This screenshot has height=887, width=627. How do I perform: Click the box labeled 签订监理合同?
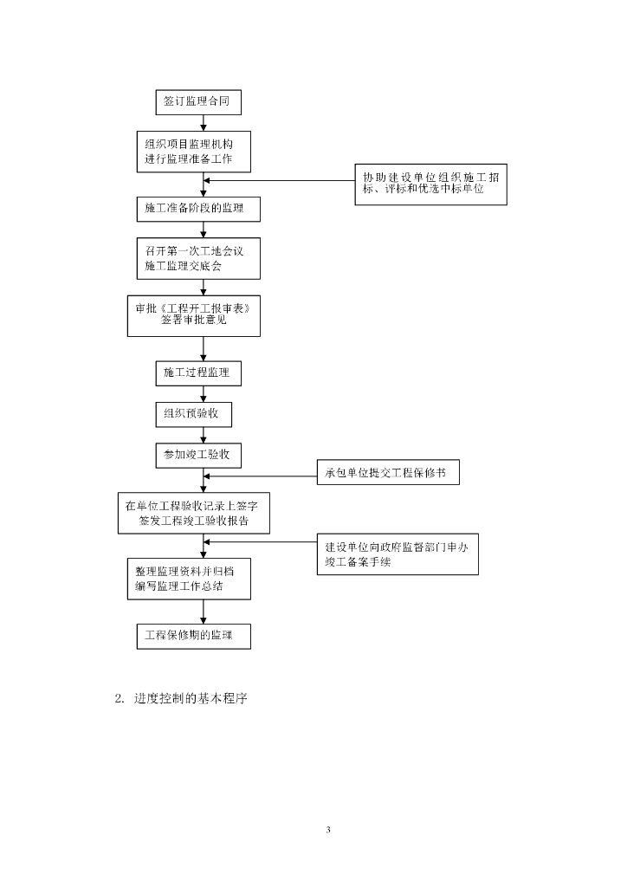197,101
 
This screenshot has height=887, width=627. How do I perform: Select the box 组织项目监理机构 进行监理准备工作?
197,152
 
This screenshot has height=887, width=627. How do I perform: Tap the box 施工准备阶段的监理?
197,209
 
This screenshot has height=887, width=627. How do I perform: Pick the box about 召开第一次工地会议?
197,258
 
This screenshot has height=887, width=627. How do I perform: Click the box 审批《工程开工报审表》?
193,315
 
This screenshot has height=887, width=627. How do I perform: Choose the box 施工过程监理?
197,373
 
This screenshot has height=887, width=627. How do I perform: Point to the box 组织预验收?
193,414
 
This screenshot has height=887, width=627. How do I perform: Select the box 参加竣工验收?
197,455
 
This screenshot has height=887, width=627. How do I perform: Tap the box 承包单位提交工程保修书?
387,473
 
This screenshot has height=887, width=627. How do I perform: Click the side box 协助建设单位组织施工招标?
430,183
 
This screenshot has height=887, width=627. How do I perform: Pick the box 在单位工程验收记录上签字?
192,513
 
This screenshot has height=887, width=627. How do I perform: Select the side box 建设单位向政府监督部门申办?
398,554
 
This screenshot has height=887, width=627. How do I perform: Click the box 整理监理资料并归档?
188,579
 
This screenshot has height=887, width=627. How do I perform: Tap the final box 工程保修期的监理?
194,637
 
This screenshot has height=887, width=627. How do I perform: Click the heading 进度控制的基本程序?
191,699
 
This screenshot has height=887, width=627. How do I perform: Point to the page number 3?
328,830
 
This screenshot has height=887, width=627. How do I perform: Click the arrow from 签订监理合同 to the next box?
204,122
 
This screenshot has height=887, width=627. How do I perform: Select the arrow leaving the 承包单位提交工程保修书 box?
260,474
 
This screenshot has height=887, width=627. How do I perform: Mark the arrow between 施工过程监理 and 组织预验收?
204,393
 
